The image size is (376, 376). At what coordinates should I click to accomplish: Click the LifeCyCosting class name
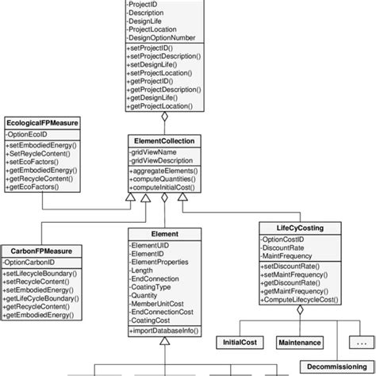[x=300, y=228]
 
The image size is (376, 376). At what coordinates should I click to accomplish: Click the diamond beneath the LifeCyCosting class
[x=300, y=310]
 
